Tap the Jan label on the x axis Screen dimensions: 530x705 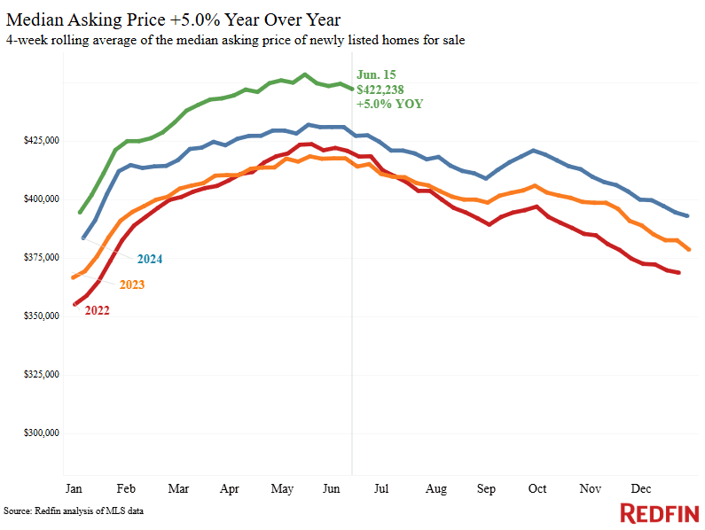(x=74, y=488)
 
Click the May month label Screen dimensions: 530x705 (x=282, y=488)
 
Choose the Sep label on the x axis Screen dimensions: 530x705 (x=487, y=488)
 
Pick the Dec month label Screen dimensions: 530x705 (x=641, y=488)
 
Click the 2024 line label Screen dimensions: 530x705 (x=150, y=259)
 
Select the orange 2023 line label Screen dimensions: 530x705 (x=131, y=284)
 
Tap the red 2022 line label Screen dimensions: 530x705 (x=98, y=310)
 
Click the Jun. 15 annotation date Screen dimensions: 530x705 (x=375, y=74)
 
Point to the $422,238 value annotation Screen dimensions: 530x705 (x=380, y=89)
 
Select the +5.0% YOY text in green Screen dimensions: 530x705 (x=389, y=104)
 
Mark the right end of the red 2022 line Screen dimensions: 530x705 (x=679, y=273)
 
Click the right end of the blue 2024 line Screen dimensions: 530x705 (x=689, y=216)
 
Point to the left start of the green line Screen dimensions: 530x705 (x=81, y=213)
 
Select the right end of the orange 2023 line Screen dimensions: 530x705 (x=689, y=249)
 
